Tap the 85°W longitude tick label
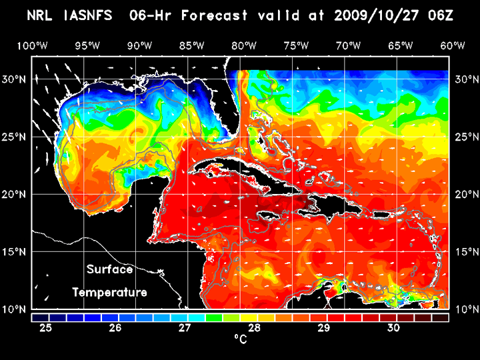point(191,45)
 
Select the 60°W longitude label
point(453,45)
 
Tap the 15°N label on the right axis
point(465,252)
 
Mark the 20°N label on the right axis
point(465,195)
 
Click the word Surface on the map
point(110,270)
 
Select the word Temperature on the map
point(110,292)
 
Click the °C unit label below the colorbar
point(240,339)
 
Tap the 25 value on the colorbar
point(46,327)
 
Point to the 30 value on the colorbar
point(393,327)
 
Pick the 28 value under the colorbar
point(254,327)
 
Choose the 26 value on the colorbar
point(115,327)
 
